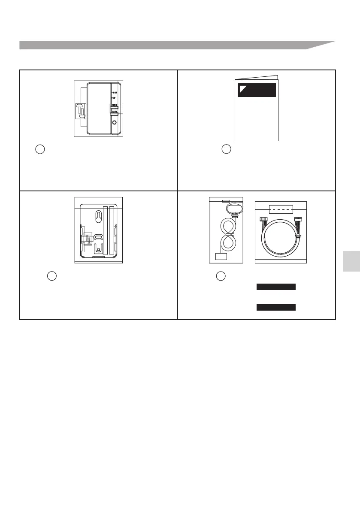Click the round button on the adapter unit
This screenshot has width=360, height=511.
pyautogui.click(x=114, y=122)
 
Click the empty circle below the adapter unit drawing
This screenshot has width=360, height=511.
pyautogui.click(x=39, y=150)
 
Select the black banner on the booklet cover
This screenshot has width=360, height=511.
pyautogui.click(x=257, y=90)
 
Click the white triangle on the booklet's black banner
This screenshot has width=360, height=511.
pyautogui.click(x=243, y=88)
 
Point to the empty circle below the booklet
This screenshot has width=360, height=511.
pyautogui.click(x=227, y=150)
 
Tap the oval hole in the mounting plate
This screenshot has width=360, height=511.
pyautogui.click(x=98, y=237)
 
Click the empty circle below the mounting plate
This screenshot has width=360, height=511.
pyautogui.click(x=51, y=276)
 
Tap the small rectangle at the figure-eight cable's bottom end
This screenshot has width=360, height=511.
pyautogui.click(x=221, y=257)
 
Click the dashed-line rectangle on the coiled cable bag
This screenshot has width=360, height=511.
pyautogui.click(x=281, y=209)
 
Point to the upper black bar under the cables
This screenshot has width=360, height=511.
pyautogui.click(x=276, y=287)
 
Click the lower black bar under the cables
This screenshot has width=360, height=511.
pyautogui.click(x=276, y=307)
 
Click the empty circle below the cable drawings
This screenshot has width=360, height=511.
pyautogui.click(x=221, y=276)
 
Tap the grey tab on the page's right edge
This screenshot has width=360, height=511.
pyautogui.click(x=351, y=267)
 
